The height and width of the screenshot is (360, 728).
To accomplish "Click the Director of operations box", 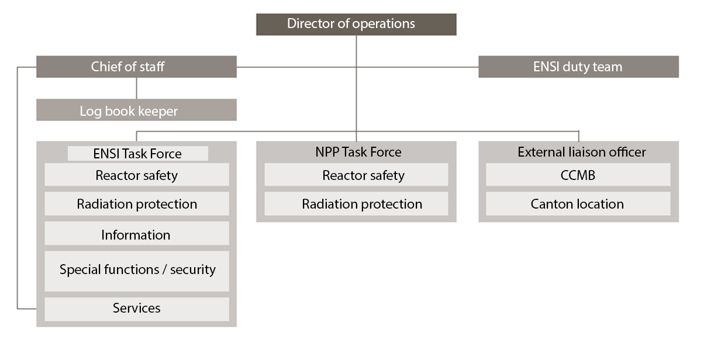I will (x=356, y=24).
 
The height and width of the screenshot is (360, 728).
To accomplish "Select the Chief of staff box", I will (x=136, y=67).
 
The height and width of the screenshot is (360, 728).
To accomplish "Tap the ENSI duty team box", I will (x=578, y=67).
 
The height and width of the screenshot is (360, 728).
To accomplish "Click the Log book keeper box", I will (x=136, y=110).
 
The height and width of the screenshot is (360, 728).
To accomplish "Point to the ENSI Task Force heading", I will (x=137, y=154).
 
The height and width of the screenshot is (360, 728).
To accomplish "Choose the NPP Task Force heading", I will (x=356, y=152).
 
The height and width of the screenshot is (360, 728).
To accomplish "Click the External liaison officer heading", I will (x=581, y=152).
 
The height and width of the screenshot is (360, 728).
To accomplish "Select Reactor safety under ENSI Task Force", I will (x=136, y=175).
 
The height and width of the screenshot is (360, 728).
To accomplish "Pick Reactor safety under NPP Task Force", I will (x=363, y=175).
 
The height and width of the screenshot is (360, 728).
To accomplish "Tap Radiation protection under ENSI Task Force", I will (x=136, y=204).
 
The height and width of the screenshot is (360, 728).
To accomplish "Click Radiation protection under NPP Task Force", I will (x=361, y=204).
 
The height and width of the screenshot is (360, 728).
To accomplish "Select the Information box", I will (x=136, y=235).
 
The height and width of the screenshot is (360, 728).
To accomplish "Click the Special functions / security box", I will (x=137, y=270).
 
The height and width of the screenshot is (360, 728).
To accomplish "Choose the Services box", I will (x=136, y=308).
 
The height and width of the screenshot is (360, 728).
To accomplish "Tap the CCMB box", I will (x=577, y=175).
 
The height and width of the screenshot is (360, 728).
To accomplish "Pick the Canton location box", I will (x=577, y=204).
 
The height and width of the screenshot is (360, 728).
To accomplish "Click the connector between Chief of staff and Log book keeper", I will (x=136, y=88).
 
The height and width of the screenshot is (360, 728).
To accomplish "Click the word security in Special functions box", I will (x=192, y=270).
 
